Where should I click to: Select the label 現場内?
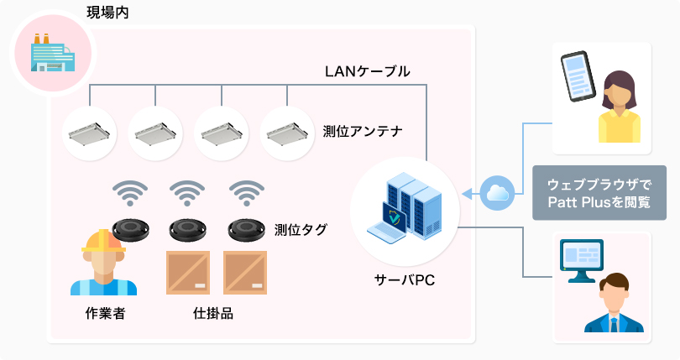click(x=107, y=12)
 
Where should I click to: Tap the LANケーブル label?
click(x=367, y=71)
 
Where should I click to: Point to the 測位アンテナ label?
click(x=364, y=132)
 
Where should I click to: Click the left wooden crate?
click(x=188, y=274)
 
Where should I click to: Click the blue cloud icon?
click(x=500, y=192)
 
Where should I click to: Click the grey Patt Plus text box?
click(x=593, y=193)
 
